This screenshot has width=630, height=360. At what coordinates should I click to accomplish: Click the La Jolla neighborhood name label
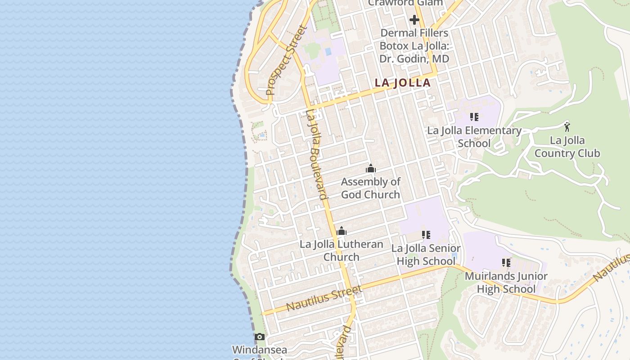(403, 83)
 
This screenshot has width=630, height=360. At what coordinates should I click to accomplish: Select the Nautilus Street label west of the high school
(324, 298)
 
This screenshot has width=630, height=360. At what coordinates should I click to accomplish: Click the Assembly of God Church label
(370, 188)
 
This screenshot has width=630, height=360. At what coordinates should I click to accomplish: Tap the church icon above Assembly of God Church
(371, 169)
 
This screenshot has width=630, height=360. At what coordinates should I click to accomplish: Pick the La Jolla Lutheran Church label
(342, 251)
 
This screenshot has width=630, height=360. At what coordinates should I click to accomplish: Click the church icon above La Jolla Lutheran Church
(342, 231)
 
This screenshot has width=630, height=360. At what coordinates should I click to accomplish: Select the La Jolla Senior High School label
(426, 255)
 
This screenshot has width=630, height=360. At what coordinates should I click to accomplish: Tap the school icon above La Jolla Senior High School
(426, 235)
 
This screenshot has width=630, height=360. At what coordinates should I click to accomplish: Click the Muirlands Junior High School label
(506, 282)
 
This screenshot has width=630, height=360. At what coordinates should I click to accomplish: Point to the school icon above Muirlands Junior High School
(506, 262)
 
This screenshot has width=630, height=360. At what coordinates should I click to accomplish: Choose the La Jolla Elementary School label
(474, 137)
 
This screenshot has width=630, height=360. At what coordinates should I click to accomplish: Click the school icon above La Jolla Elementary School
(474, 117)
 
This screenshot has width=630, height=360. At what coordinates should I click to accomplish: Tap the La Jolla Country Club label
(567, 147)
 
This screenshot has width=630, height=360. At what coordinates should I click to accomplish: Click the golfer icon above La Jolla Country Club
(567, 126)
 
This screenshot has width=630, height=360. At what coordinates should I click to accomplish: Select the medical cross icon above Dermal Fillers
(414, 20)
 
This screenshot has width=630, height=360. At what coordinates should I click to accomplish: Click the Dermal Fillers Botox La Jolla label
(414, 46)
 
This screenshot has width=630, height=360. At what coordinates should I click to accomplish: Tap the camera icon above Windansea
(259, 337)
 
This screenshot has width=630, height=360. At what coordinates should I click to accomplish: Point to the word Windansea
(259, 350)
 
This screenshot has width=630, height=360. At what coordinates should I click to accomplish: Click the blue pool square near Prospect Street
(328, 52)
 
